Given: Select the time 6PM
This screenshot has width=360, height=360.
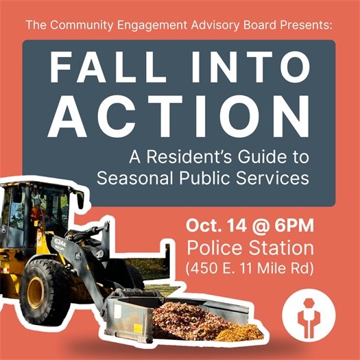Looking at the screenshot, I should coord(291,226).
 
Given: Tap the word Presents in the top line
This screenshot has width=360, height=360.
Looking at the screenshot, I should coord(304,25).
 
